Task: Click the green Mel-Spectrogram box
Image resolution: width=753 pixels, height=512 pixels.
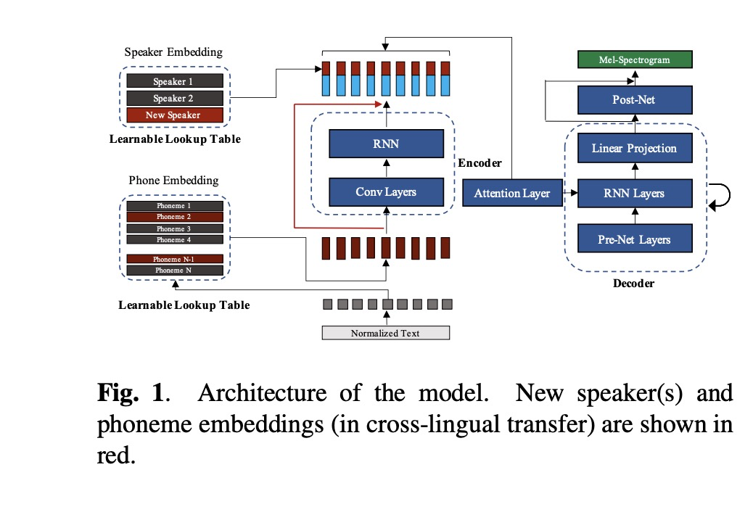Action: (634, 59)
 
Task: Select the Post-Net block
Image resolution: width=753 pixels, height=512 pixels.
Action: (634, 99)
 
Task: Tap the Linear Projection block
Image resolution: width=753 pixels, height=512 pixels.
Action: (634, 149)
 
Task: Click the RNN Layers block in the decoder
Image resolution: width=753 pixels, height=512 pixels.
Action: (634, 194)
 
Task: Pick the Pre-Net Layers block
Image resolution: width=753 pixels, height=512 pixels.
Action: (634, 239)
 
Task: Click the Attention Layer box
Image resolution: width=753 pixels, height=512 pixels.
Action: (511, 194)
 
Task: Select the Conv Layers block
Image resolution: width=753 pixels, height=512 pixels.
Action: (385, 192)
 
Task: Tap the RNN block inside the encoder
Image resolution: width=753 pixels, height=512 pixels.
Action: (385, 144)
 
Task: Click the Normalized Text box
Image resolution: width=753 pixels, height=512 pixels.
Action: (385, 334)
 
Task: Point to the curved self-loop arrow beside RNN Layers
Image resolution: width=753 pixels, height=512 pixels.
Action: (723, 196)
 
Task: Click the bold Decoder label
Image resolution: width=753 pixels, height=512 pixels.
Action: (633, 284)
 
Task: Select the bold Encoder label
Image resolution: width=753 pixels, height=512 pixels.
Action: (480, 163)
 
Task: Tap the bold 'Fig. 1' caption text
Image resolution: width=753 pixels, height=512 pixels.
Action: (133, 394)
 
